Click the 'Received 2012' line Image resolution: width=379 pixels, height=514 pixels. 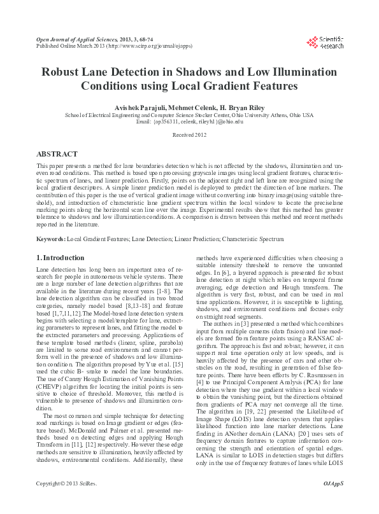point(189,135)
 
